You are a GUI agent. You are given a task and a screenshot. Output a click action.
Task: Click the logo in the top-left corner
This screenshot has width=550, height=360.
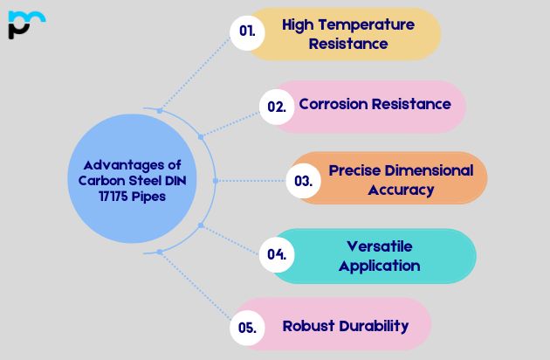(x=25, y=24)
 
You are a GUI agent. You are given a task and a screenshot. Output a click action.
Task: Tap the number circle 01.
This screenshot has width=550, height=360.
(x=247, y=31)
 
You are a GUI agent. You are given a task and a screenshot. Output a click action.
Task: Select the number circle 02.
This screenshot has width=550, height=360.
(x=277, y=107)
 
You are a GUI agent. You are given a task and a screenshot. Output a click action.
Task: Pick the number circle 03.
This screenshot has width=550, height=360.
(x=303, y=181)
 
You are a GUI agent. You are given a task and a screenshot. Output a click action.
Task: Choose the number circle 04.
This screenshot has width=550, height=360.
(x=277, y=254)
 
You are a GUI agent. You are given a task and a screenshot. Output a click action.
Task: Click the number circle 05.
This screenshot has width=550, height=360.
(x=247, y=328)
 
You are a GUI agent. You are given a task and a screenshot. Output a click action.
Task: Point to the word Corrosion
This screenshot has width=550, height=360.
(x=333, y=104)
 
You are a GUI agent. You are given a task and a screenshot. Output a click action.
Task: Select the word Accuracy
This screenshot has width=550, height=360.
(x=401, y=189)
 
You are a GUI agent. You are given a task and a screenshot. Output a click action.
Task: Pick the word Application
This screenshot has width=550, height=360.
(x=380, y=266)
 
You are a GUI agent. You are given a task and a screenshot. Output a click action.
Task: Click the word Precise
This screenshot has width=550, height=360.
(x=354, y=170)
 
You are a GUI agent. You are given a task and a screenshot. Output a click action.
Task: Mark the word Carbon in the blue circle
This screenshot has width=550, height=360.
(x=92, y=181)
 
